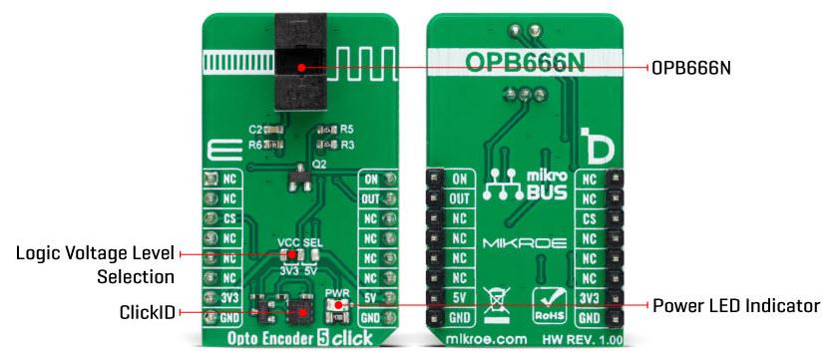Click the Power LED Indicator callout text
point(737,305)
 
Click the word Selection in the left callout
point(136,276)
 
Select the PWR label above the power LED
point(336,292)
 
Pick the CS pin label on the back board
point(589,218)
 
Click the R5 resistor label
point(346,129)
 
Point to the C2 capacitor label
point(254,130)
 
